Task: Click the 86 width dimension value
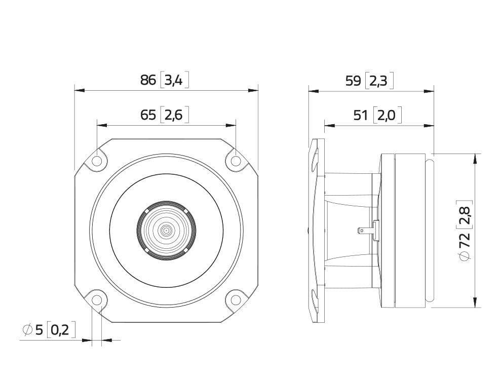[x=148, y=80]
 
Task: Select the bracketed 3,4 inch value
[x=174, y=80]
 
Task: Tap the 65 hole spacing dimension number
[x=148, y=115]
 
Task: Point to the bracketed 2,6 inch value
[x=174, y=115]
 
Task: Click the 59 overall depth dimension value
[x=353, y=81]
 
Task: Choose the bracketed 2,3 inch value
[x=379, y=81]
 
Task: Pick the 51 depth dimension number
[x=361, y=116]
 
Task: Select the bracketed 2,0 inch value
[x=387, y=116]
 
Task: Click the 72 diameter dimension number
[x=464, y=240]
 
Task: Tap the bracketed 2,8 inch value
[x=464, y=214]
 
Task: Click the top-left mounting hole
[x=97, y=161]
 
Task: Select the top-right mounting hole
[x=236, y=161]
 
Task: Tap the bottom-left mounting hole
[x=97, y=299]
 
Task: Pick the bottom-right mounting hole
[x=236, y=299]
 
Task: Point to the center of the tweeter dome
[x=166, y=231]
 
